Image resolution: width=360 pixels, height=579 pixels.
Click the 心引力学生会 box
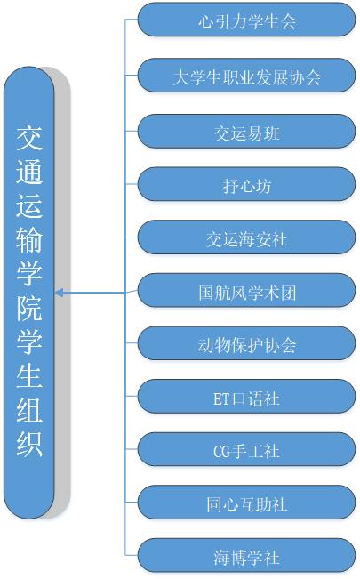[x=246, y=20]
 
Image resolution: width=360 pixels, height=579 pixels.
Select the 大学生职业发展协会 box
[x=246, y=76]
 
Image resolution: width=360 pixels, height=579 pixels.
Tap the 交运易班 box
[x=246, y=131]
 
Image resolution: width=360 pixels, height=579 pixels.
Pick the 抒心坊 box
[x=246, y=184]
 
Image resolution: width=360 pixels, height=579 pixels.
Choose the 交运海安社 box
[x=246, y=237]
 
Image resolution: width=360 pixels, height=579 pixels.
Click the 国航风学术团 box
[x=246, y=290]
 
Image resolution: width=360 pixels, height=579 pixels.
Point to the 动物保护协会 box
[x=246, y=343]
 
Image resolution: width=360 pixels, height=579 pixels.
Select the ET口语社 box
[x=246, y=396]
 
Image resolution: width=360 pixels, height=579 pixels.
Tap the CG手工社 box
[x=246, y=449]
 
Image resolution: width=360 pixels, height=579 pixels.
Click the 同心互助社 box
[x=246, y=503]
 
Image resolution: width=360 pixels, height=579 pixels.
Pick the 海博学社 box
[x=246, y=555]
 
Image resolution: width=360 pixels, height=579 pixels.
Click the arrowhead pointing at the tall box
[x=59, y=294]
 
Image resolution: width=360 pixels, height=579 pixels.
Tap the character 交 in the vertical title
[x=29, y=138]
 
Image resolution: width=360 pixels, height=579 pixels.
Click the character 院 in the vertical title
[x=29, y=308]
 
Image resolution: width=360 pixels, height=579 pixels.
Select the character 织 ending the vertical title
[x=29, y=444]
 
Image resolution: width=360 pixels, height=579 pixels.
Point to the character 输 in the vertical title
[x=29, y=239]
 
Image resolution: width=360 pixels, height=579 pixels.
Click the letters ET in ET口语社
[x=221, y=399]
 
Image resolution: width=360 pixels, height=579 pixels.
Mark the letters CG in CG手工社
[x=221, y=452]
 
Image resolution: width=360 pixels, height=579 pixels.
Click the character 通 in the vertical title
[x=29, y=172]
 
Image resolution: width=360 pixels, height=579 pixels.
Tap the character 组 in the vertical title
[x=29, y=409]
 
